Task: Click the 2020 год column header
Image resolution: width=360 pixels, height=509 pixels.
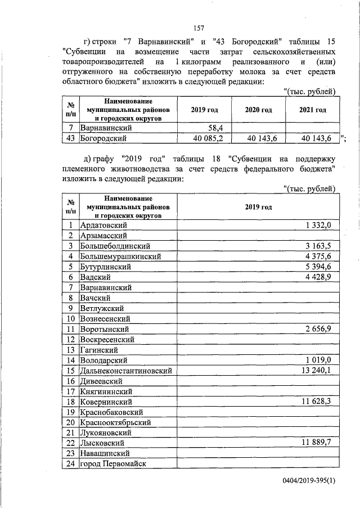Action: (259, 110)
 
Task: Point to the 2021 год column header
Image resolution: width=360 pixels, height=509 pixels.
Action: (313, 110)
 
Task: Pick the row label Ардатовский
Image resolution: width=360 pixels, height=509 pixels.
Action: (107, 225)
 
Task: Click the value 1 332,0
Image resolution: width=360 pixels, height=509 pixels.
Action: (320, 225)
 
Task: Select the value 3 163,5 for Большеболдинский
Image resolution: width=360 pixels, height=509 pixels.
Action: (320, 246)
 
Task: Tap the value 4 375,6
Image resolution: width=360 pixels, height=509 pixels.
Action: (320, 256)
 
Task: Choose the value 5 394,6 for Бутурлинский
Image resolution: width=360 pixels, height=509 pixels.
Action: (320, 266)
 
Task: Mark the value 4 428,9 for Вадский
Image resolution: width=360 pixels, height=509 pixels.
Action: (320, 277)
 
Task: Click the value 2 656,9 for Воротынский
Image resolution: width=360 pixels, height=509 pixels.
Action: (320, 328)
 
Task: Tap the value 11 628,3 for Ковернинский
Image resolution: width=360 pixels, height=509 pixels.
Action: (318, 402)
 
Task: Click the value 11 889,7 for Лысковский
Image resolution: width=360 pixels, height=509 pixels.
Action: (318, 443)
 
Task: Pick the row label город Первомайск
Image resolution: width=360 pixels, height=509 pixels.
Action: (112, 463)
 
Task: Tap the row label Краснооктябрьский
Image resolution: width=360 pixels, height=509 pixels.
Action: (116, 422)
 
